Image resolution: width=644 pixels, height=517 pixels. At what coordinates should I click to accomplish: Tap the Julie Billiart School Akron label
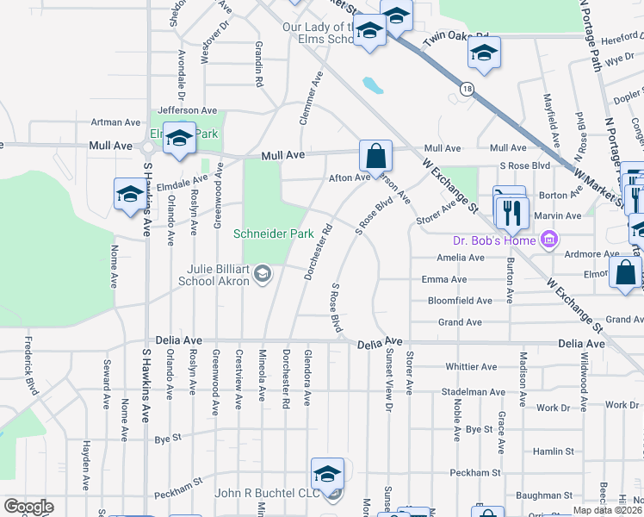[x=215, y=274]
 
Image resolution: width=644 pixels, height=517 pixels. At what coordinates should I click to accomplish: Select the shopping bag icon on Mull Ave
[x=375, y=157]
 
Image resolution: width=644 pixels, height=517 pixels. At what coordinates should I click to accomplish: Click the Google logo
[x=28, y=507]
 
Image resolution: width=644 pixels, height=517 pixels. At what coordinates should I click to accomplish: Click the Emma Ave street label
[x=444, y=279]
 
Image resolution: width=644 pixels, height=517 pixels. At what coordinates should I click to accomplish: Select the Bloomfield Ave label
[x=460, y=301]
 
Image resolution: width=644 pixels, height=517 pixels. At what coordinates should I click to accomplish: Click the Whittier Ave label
[x=471, y=366]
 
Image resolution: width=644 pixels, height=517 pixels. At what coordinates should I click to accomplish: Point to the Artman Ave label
[x=115, y=123]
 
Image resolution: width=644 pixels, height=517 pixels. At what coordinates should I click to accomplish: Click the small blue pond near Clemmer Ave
[x=374, y=85]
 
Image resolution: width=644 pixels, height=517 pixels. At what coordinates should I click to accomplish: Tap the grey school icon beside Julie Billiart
[x=263, y=275]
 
